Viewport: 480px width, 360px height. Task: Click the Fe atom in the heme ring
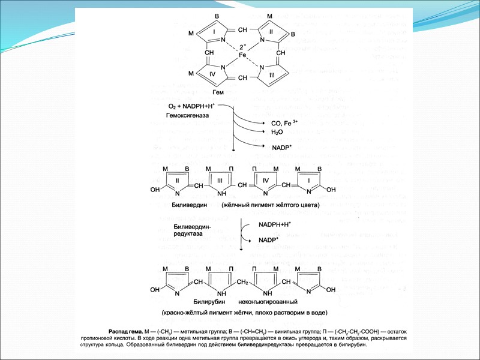(242, 55)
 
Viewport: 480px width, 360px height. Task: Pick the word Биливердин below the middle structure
(188, 205)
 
